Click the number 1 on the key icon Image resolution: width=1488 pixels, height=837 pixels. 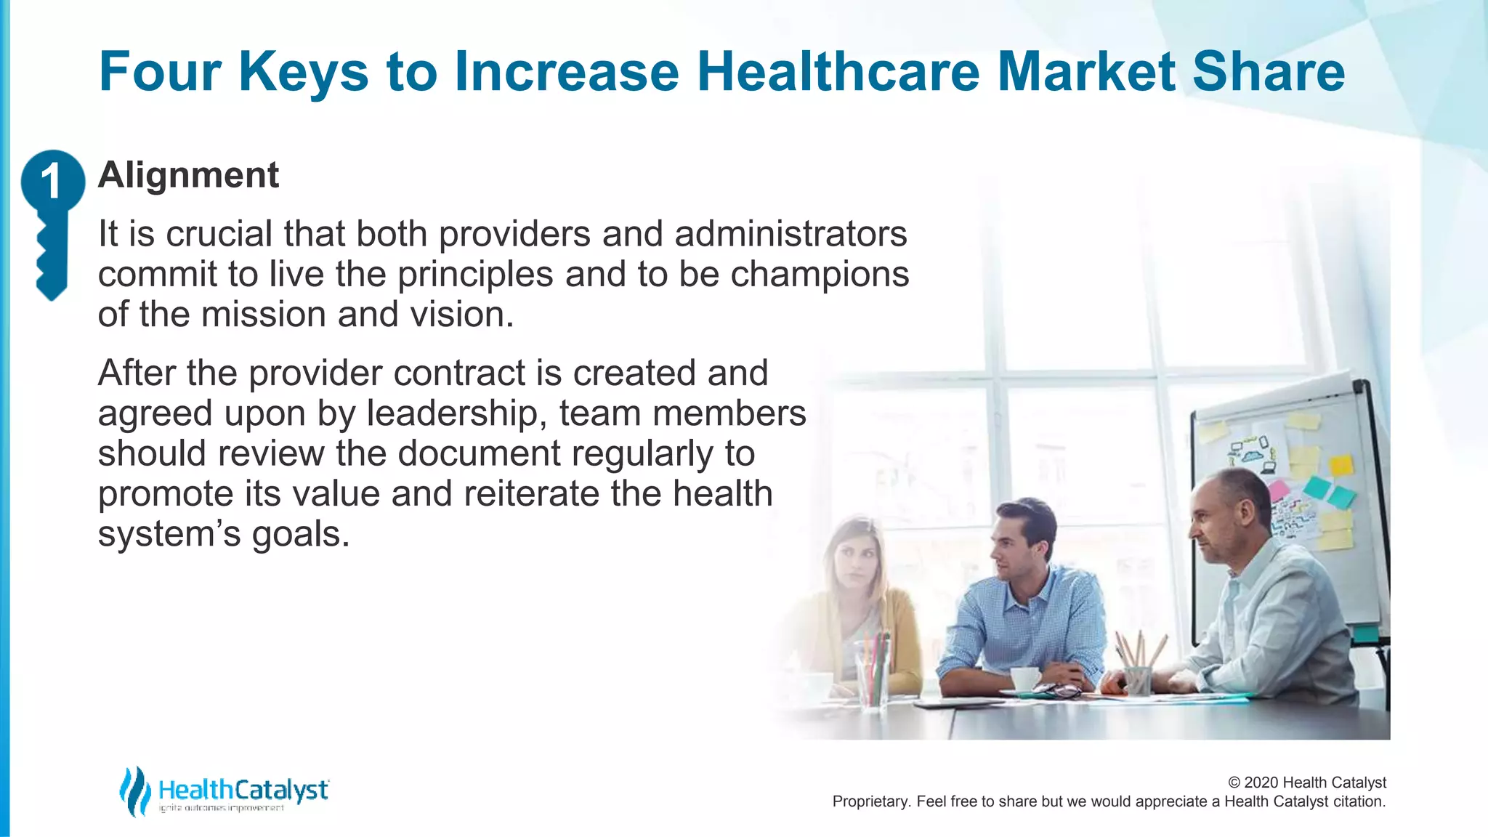pyautogui.click(x=50, y=181)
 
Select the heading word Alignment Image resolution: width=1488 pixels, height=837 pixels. pyautogui.click(x=188, y=175)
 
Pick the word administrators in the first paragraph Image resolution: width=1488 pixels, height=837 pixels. pyautogui.click(x=790, y=234)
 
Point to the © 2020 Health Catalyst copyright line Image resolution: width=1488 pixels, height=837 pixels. pyautogui.click(x=1306, y=783)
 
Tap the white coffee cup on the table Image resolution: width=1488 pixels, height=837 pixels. pyautogui.click(x=1025, y=679)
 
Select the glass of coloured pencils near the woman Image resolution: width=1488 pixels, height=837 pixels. pyautogui.click(x=873, y=668)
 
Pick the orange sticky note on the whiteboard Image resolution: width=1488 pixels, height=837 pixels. pyautogui.click(x=1341, y=465)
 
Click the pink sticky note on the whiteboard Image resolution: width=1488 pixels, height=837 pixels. pyautogui.click(x=1278, y=489)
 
